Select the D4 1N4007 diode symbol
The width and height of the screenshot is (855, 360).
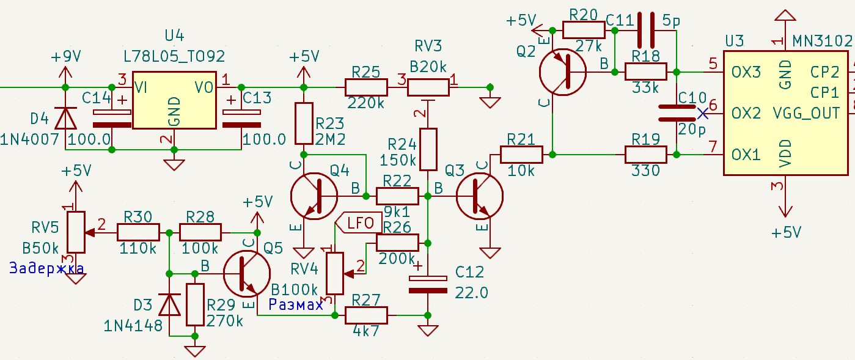pyautogui.click(x=65, y=119)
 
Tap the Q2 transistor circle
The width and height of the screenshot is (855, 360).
pyautogui.click(x=563, y=72)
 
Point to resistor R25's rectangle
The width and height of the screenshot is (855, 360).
pyautogui.click(x=366, y=87)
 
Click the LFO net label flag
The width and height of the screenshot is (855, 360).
pyautogui.click(x=358, y=222)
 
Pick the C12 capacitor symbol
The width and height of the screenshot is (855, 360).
pyautogui.click(x=428, y=284)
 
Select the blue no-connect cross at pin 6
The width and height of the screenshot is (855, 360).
pyautogui.click(x=703, y=114)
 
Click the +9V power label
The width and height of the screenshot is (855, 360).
pyautogui.click(x=66, y=57)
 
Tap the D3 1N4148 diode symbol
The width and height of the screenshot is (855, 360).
pyautogui.click(x=169, y=304)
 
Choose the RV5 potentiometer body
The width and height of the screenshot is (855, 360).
pyautogui.click(x=76, y=232)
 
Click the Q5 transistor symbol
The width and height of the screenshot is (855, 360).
pyautogui.click(x=246, y=274)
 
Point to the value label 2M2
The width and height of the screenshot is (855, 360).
pyautogui.click(x=330, y=140)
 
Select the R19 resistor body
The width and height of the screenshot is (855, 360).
pyautogui.click(x=646, y=155)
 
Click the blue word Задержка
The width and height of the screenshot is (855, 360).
pyautogui.click(x=46, y=268)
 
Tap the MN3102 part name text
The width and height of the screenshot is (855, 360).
pyautogui.click(x=823, y=40)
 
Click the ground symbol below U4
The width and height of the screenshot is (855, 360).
pyautogui.click(x=174, y=165)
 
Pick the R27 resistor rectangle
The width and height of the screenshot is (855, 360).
pyautogui.click(x=366, y=315)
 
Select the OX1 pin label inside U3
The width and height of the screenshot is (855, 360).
pyautogui.click(x=746, y=155)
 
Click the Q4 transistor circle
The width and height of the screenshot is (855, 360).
pyautogui.click(x=314, y=196)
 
